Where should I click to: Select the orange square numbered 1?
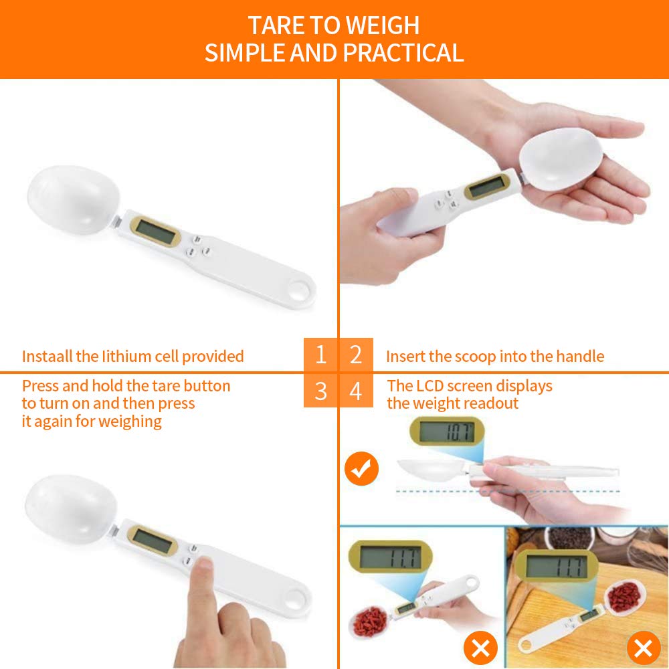(x=320, y=355)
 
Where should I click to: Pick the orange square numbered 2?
(x=356, y=355)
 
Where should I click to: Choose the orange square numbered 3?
(x=320, y=391)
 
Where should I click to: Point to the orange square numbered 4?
(x=356, y=391)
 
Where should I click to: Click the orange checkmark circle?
(x=361, y=468)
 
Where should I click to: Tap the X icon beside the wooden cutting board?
(x=644, y=648)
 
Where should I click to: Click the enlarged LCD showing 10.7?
(x=447, y=432)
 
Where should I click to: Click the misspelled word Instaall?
(x=47, y=357)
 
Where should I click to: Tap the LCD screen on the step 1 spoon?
(x=155, y=231)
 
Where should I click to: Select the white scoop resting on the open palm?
(x=561, y=159)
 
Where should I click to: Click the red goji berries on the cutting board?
(x=624, y=596)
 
